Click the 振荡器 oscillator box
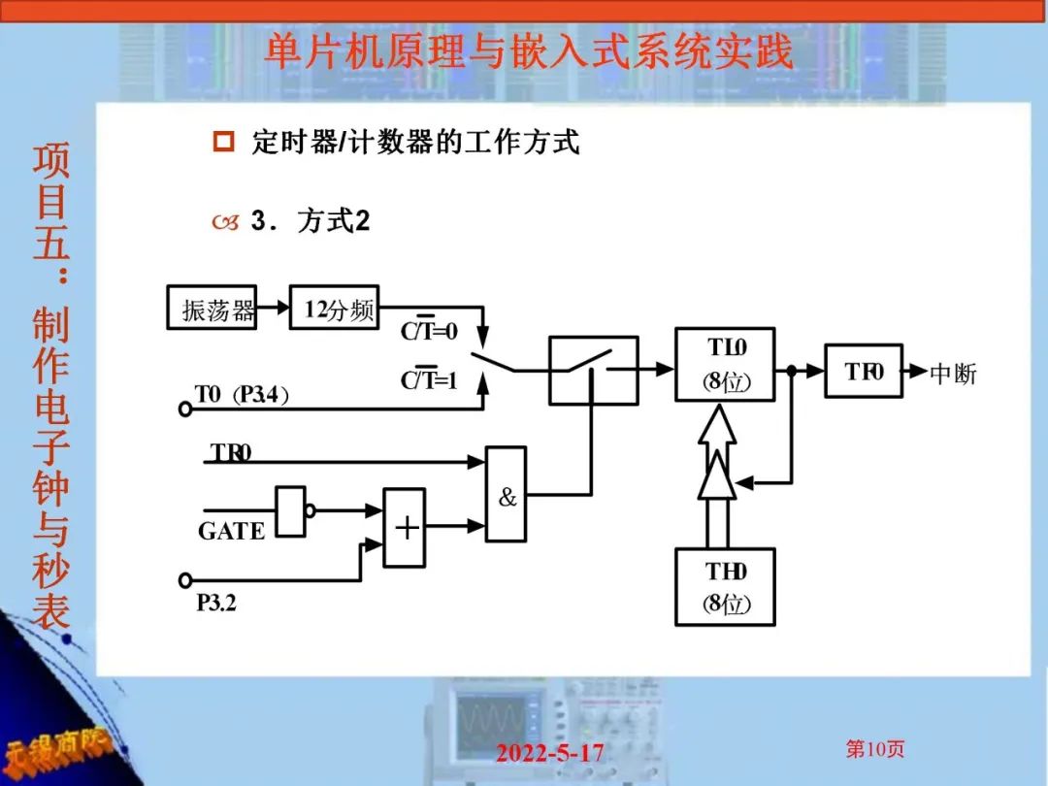tap(212, 308)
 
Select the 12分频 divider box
tap(334, 308)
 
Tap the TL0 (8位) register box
tap(725, 365)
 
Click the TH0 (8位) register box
tap(725, 587)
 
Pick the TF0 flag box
tap(864, 371)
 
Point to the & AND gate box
tap(506, 495)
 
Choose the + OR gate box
tap(405, 527)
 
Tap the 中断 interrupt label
tap(952, 374)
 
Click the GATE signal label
tap(231, 532)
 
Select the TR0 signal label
tap(231, 452)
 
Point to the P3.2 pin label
tap(216, 603)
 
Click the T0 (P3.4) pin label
tap(241, 394)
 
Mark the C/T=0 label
tap(428, 332)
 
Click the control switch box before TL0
tap(593, 370)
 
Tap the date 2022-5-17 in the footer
tap(549, 752)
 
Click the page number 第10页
tap(874, 749)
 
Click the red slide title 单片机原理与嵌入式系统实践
tap(529, 51)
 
